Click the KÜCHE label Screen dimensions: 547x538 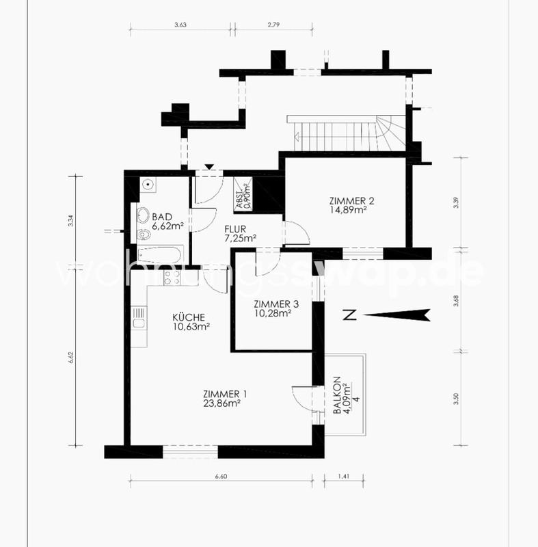190,321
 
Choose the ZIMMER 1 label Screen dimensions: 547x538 225,398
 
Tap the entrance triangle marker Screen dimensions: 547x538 209,166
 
